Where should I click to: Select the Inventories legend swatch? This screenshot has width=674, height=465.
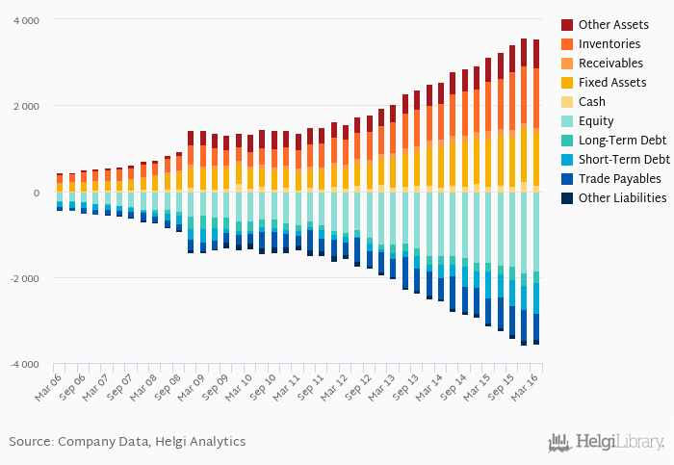(567, 43)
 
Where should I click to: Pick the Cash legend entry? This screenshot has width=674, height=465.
(592, 101)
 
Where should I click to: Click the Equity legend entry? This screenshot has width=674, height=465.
(596, 120)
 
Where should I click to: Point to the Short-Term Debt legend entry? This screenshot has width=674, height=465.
(624, 159)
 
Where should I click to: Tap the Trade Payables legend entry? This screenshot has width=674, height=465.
(619, 178)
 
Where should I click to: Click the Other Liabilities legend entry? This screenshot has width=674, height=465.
(622, 197)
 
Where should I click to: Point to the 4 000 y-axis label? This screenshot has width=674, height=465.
(26, 20)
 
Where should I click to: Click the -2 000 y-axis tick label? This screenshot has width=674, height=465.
(24, 278)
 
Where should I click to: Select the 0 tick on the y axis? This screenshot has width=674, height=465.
(37, 193)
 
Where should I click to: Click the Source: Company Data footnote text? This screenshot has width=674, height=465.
(127, 441)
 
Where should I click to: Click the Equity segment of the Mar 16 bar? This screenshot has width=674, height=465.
(536, 231)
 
